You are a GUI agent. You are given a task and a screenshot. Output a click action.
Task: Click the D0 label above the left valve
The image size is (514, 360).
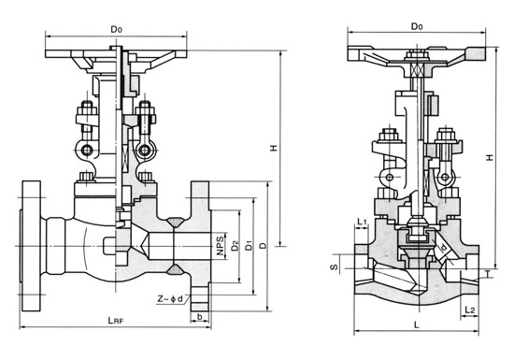coord(116,30)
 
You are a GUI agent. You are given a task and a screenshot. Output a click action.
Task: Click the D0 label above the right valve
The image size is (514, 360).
coord(417,26)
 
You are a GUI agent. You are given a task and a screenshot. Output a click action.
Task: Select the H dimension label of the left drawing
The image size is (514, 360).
coord(274,148)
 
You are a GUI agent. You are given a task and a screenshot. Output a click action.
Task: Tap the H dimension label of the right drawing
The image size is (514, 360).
coord(490,157)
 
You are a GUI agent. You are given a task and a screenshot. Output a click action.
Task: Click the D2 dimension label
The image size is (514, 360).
coord(235,246)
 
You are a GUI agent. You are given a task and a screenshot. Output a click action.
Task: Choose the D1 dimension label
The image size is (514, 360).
coord(250,245)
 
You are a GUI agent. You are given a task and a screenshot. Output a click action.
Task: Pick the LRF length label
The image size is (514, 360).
coord(116,321)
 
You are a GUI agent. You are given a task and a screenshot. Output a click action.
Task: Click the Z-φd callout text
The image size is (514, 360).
coord(169,299)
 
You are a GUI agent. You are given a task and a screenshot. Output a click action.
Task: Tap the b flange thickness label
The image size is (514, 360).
coord(199,317)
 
